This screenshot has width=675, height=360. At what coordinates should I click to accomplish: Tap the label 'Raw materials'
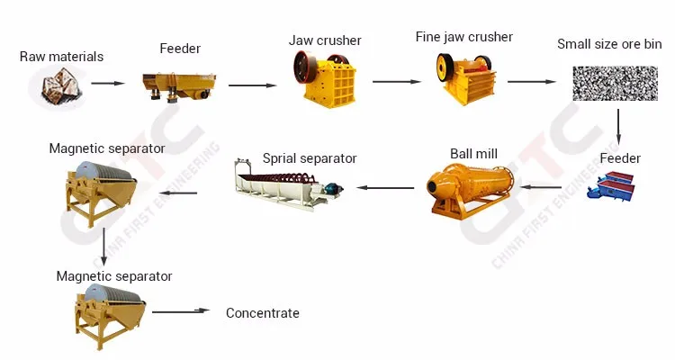[x=61, y=57]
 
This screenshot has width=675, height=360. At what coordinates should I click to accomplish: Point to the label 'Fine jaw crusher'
[x=463, y=37]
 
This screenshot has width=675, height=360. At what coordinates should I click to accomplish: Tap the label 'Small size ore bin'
[x=608, y=44]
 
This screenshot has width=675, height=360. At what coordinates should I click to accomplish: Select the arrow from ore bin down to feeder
[x=617, y=126]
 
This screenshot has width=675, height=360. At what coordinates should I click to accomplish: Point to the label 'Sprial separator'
[x=310, y=158]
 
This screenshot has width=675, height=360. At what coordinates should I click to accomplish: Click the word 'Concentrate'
[x=262, y=313]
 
